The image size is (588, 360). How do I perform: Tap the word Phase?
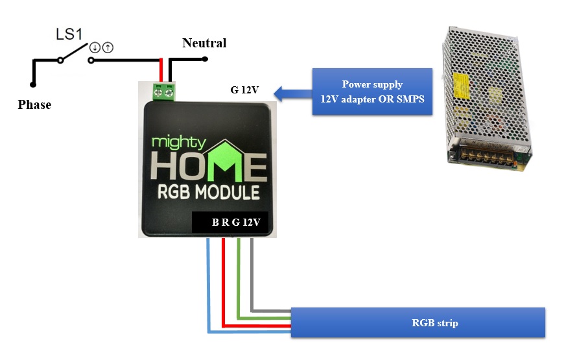tap(34, 104)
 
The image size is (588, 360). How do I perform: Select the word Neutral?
tap(204, 43)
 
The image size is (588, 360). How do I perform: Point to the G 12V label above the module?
tap(245, 90)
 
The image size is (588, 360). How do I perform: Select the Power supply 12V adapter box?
tap(372, 91)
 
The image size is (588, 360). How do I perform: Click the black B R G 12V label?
tap(230, 222)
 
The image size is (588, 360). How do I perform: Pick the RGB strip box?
tap(417, 322)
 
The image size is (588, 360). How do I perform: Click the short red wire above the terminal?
tap(161, 70)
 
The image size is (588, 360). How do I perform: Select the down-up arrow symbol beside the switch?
tap(100, 47)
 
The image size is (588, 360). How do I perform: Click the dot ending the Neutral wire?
tap(205, 59)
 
